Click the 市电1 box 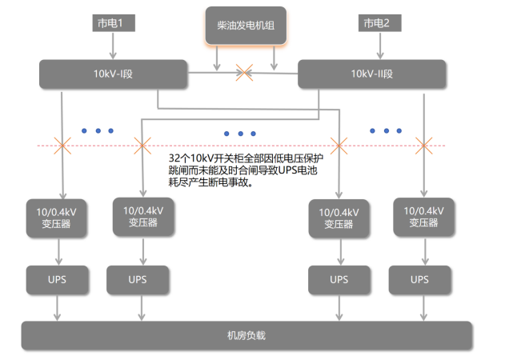110,23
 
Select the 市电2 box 376,23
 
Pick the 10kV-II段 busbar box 371,74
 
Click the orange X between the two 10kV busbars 243,74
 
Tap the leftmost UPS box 56,280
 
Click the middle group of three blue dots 240,134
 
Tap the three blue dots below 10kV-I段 98,130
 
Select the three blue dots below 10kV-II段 387,130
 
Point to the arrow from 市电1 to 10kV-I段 110,46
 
